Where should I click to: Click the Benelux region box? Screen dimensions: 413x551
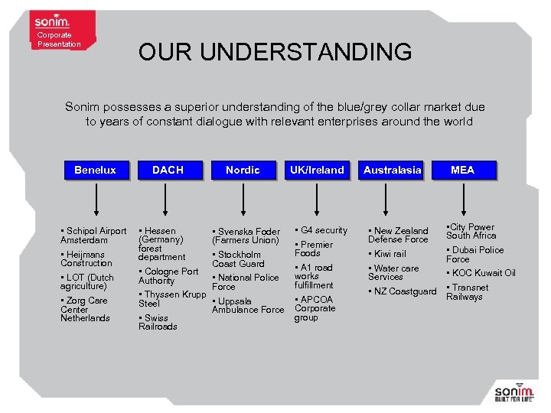point(95,170)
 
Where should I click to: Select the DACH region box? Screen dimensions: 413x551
point(168,170)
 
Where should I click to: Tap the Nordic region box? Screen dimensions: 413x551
point(243,170)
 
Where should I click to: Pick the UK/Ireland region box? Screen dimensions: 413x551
point(316,170)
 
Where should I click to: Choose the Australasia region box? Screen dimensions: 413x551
point(392,170)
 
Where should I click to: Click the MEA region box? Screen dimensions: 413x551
point(462,170)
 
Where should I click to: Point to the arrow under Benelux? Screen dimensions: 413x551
point(95,200)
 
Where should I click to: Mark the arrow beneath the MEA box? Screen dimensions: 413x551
point(462,200)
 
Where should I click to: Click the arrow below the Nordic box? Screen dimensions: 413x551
point(243,200)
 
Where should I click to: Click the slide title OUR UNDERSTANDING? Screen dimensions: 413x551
point(275,53)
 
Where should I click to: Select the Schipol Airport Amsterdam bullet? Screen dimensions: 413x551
point(93,235)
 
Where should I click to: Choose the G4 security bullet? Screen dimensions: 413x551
point(321,230)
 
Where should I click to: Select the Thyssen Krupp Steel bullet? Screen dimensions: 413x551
point(172,299)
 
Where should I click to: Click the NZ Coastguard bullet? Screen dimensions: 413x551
point(403,291)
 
